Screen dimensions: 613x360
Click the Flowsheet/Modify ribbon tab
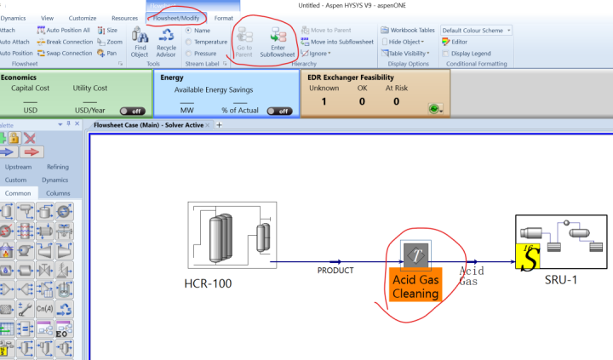point(176,18)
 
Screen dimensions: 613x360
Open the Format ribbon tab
point(224,18)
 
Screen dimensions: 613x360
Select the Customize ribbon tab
point(83,18)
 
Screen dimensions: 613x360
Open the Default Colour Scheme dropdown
point(476,30)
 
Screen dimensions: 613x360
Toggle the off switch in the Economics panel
point(132,111)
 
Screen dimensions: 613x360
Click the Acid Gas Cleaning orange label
point(415,287)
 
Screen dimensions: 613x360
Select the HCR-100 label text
point(208,283)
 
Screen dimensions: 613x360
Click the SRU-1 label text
point(560,279)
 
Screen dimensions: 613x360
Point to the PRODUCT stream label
point(335,271)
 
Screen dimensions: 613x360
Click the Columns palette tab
point(58,193)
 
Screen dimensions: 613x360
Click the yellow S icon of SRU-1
point(528,258)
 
